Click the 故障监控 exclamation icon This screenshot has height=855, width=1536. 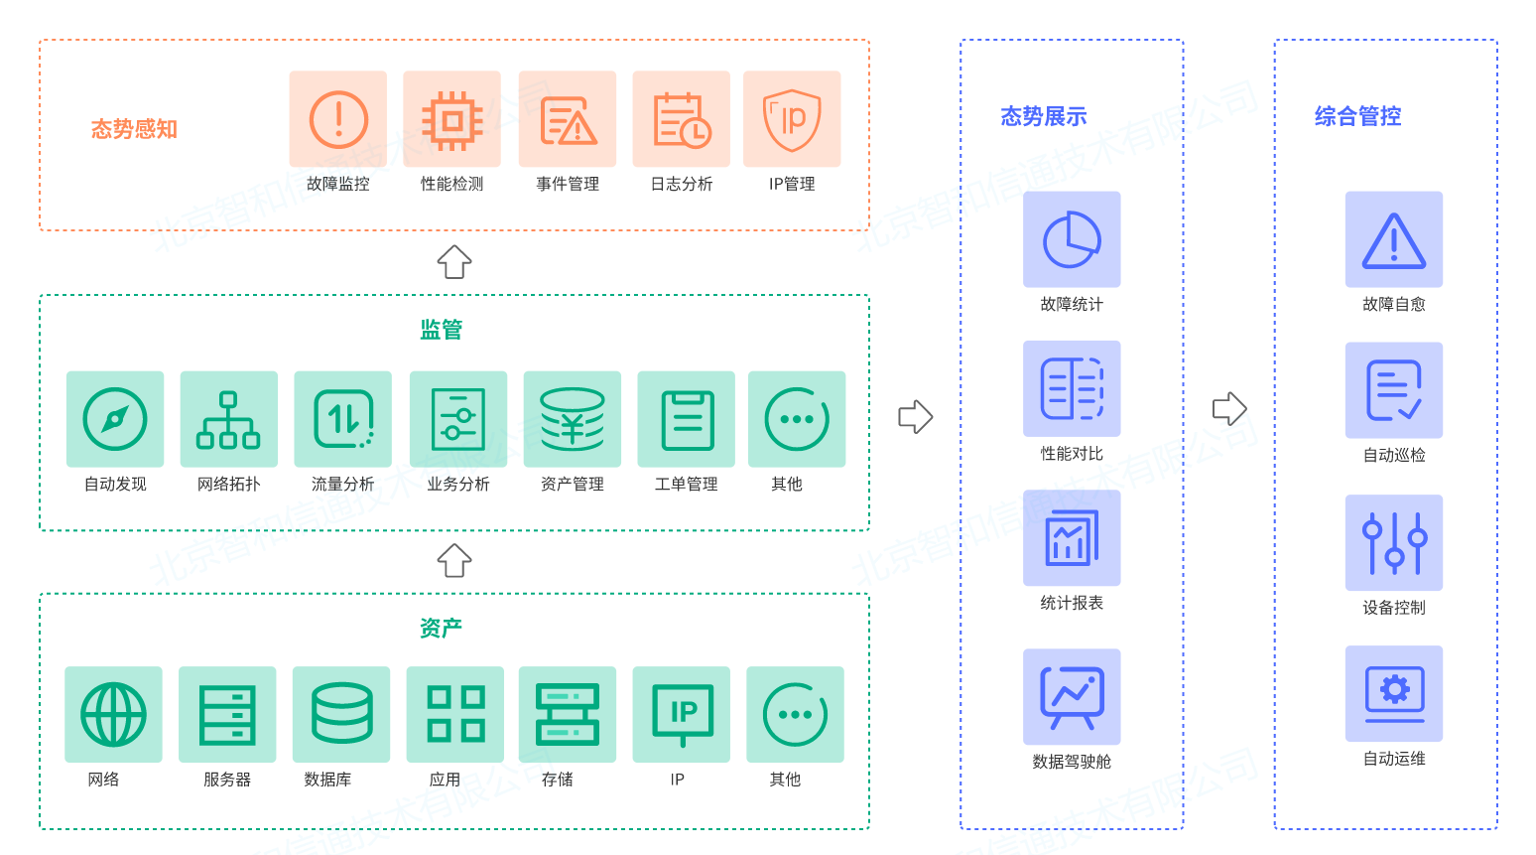tap(338, 119)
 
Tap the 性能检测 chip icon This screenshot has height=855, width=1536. tap(452, 119)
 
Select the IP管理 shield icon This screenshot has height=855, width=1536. tap(792, 119)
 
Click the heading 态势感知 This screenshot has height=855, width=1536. tap(134, 129)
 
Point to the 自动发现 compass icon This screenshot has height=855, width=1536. tap(115, 419)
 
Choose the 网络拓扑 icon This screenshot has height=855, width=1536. tap(228, 419)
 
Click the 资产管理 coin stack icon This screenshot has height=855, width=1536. tap(573, 419)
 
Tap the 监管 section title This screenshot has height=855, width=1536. tap(441, 330)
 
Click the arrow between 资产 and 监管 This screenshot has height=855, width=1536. tap(454, 561)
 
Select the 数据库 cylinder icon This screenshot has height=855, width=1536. tap(341, 714)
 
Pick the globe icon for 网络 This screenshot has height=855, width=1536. tap(113, 714)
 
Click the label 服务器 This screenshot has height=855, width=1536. tap(227, 780)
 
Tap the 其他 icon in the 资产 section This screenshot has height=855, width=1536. tap(795, 714)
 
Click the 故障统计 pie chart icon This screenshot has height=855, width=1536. tap(1072, 239)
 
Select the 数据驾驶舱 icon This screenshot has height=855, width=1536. tap(1072, 696)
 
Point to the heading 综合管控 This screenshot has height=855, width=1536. tap(1357, 116)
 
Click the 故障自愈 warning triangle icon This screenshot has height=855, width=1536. tap(1393, 239)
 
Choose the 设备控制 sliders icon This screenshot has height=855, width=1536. tap(1393, 543)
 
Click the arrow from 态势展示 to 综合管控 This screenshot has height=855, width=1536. tap(1229, 408)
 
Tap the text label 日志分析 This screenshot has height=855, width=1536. tap(682, 184)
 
